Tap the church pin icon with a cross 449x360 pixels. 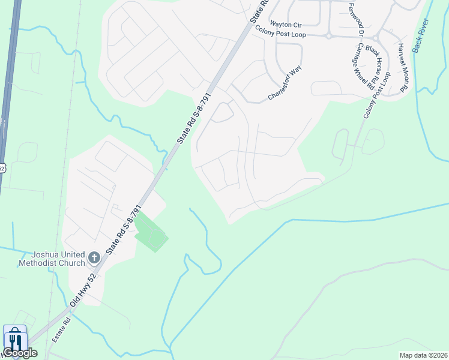(x=94, y=257)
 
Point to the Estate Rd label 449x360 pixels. (x=61, y=330)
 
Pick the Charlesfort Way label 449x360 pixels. (x=285, y=83)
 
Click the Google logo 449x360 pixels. (x=19, y=353)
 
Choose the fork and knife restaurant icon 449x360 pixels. (x=14, y=340)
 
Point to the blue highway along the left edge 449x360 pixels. (x=7, y=90)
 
